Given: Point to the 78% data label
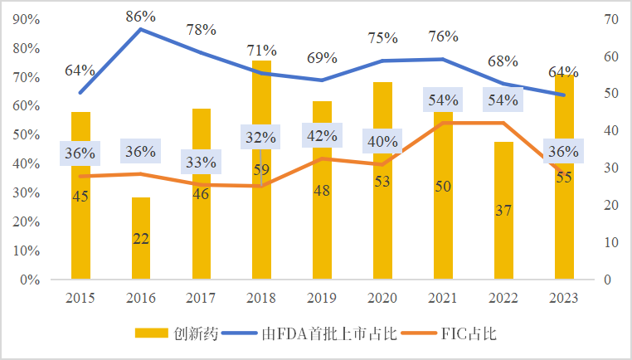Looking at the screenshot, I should (x=201, y=30).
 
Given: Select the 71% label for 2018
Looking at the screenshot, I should (x=261, y=51).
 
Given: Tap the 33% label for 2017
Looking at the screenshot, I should (x=201, y=162).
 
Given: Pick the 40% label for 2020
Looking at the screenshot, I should (x=382, y=142).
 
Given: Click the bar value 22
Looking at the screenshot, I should (x=141, y=238).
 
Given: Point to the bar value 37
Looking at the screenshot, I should (x=504, y=211).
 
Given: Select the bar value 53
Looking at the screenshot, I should (x=382, y=182).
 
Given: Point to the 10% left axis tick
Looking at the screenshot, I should (x=28, y=251).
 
